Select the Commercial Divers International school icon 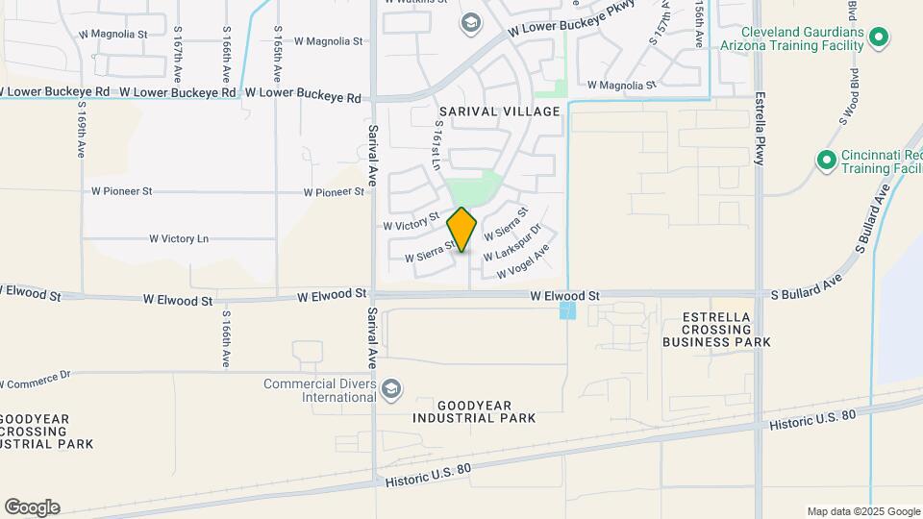pyautogui.click(x=391, y=389)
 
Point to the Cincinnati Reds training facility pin pyautogui.click(x=825, y=160)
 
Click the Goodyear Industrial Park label pyautogui.click(x=475, y=411)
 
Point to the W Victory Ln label pyautogui.click(x=179, y=238)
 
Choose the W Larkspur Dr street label pyautogui.click(x=512, y=243)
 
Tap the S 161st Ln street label pyautogui.click(x=437, y=145)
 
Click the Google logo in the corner pyautogui.click(x=32, y=507)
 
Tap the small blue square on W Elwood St pyautogui.click(x=568, y=310)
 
